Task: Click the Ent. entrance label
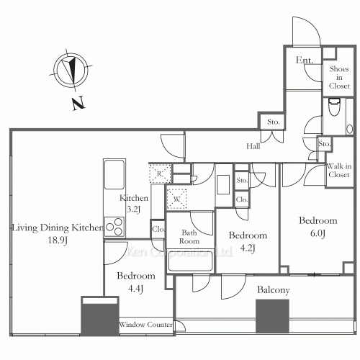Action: tap(304, 60)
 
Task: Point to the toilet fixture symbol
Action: tap(333, 110)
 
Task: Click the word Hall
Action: tap(253, 146)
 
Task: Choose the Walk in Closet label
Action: tap(338, 174)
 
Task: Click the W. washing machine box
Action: tap(176, 198)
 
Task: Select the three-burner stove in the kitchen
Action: tap(115, 226)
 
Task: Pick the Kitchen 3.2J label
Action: tap(134, 204)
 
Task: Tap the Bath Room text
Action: tap(190, 238)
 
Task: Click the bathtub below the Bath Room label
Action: tap(190, 262)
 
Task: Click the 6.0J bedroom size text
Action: tap(318, 233)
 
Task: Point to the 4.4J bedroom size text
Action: tap(135, 289)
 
